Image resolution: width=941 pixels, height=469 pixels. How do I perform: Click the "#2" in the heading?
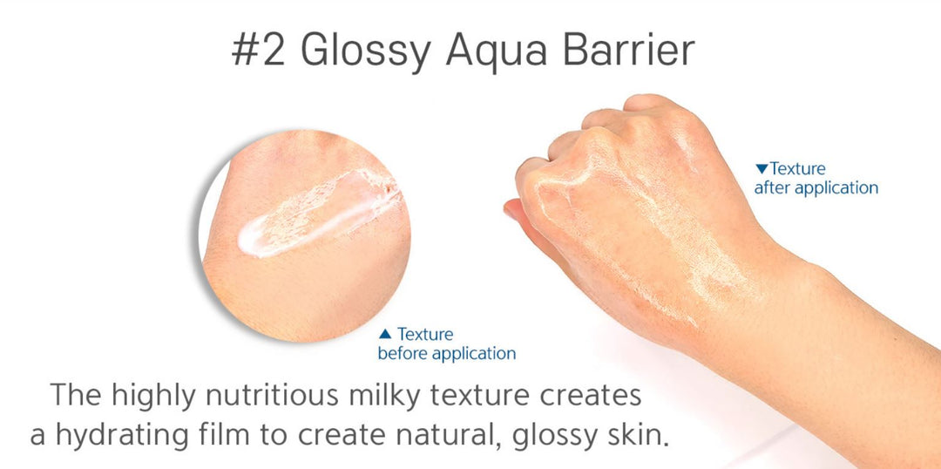pyautogui.click(x=258, y=51)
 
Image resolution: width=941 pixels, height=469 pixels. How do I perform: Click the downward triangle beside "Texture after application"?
pyautogui.click(x=762, y=169)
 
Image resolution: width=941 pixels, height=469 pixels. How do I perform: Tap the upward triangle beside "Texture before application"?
pyautogui.click(x=385, y=334)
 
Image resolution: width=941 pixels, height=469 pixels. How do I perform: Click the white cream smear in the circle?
pyautogui.click(x=319, y=213)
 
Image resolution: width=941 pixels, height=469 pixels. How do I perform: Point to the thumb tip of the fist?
pyautogui.click(x=510, y=209)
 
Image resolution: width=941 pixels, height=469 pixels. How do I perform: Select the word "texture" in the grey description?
pyautogui.click(x=490, y=398)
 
